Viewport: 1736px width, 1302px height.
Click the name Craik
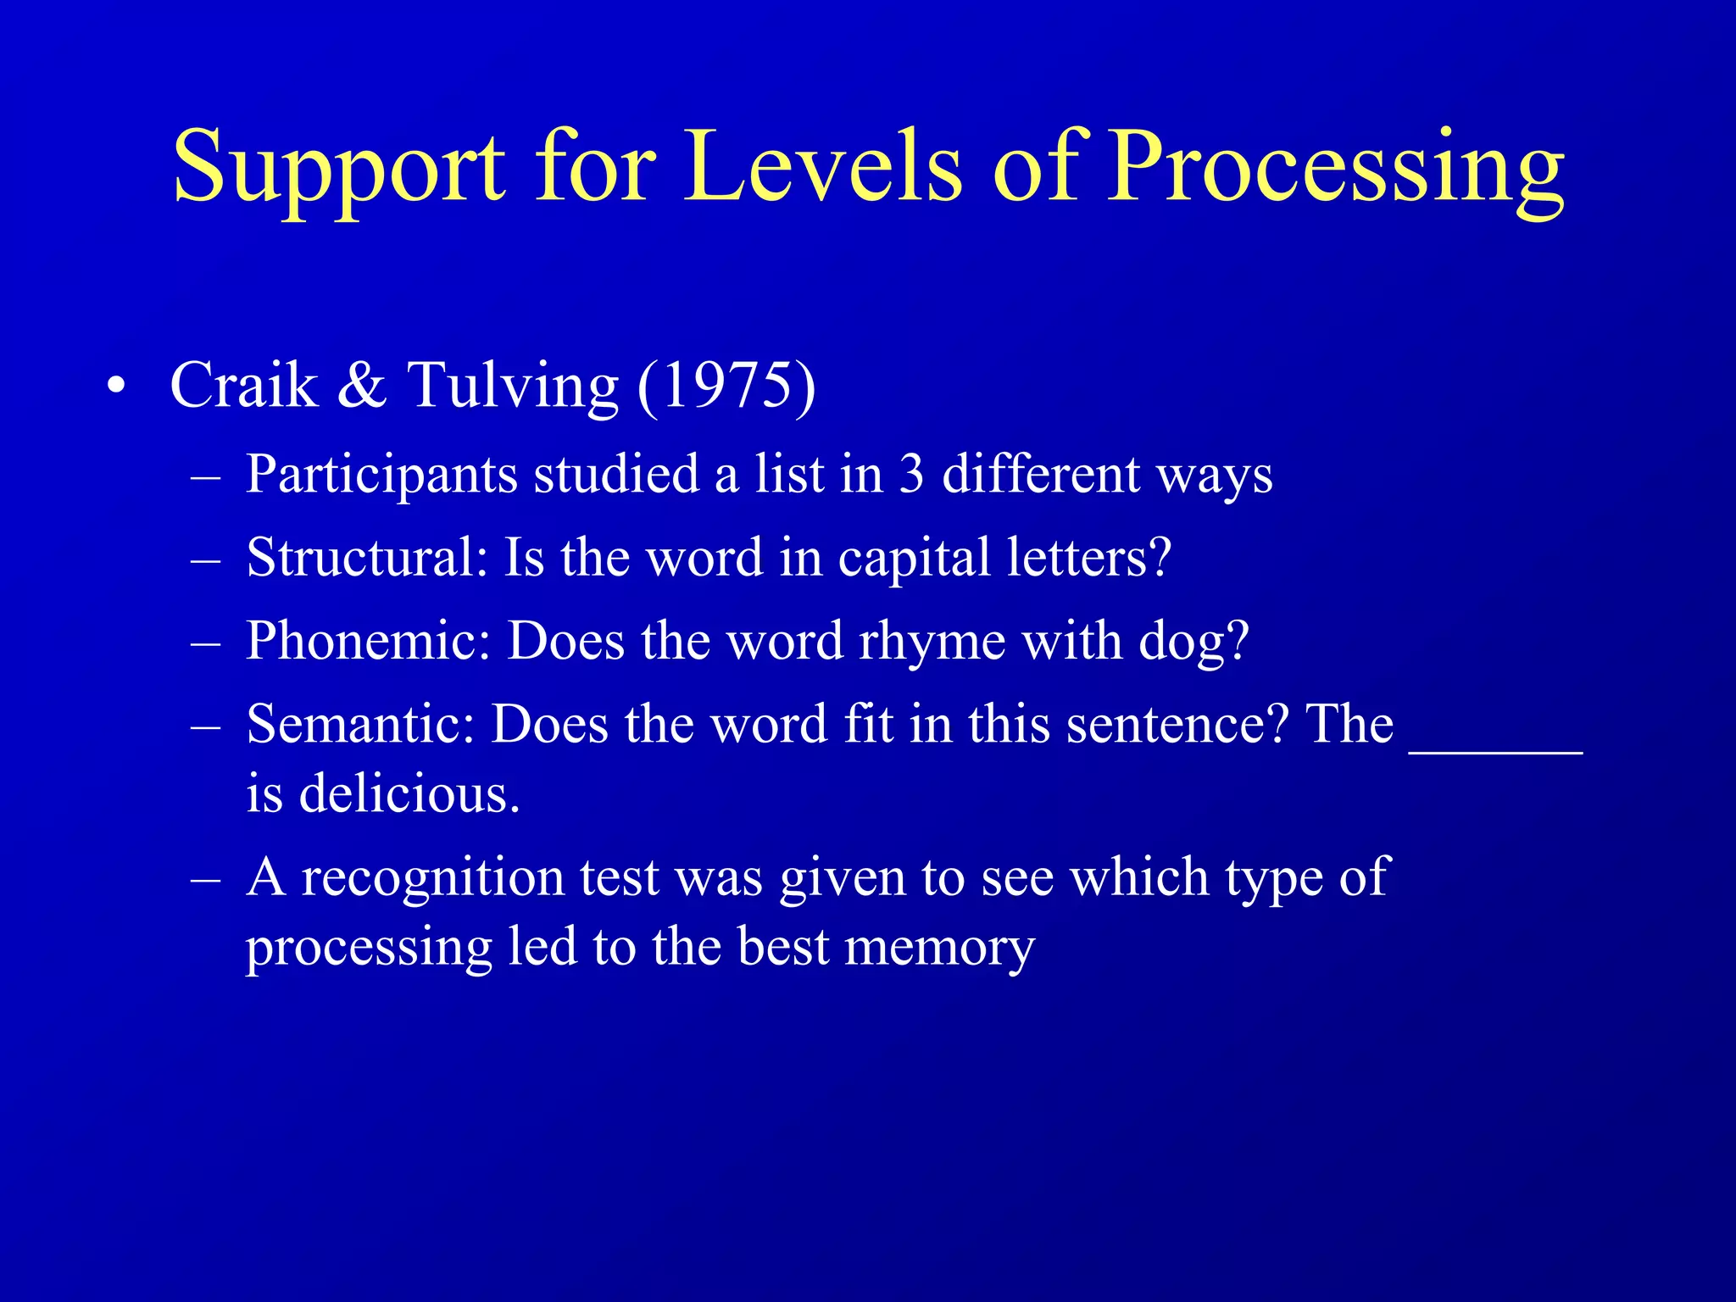point(244,386)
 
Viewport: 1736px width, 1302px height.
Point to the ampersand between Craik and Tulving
point(362,386)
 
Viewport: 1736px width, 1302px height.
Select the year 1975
point(726,386)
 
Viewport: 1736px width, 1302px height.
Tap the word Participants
point(381,476)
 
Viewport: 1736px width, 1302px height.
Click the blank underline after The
point(1495,746)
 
